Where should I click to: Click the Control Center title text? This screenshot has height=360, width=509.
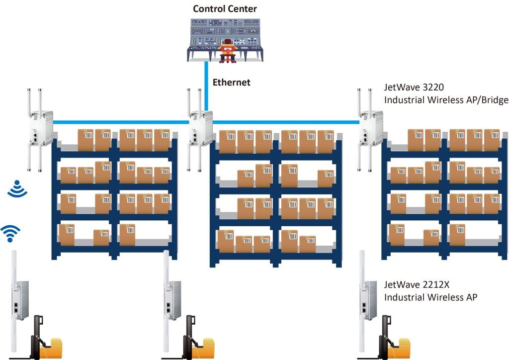click(225, 8)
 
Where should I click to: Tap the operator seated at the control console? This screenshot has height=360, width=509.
click(228, 50)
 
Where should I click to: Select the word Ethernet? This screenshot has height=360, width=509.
click(231, 83)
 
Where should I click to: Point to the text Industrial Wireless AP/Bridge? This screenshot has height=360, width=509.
click(446, 100)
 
